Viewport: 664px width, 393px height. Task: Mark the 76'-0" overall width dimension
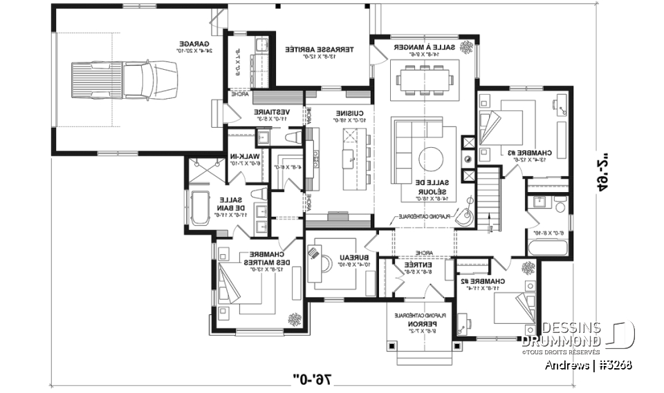pyautogui.click(x=313, y=378)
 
